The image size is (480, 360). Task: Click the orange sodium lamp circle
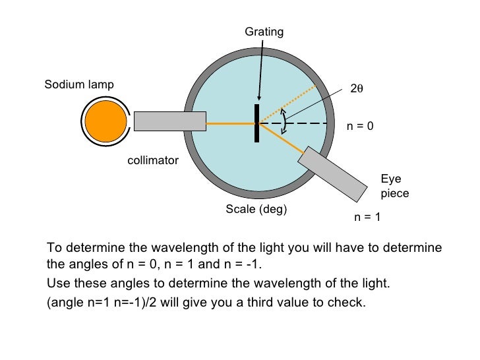coord(105,122)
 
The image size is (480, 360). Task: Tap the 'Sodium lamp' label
coord(79,84)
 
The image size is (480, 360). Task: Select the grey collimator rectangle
coord(170,121)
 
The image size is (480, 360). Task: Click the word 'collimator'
coord(153,160)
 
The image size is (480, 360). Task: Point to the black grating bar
coord(256,123)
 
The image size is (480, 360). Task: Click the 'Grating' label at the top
coord(264,32)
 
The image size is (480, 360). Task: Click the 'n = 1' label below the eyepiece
coord(368,216)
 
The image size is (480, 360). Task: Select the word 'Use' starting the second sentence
coord(58,284)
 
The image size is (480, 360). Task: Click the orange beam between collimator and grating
coord(230,123)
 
